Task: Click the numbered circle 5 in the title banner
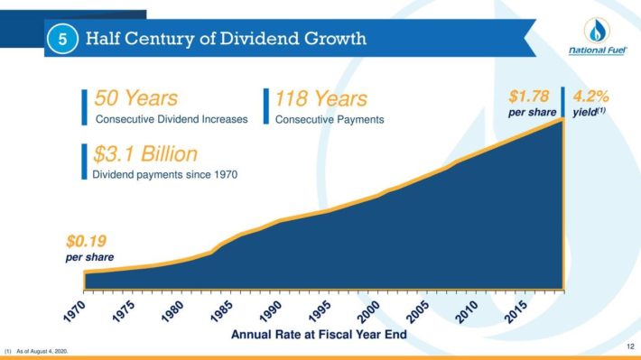point(62,39)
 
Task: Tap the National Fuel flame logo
point(597,30)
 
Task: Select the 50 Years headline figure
point(136,98)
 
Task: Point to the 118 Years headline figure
point(320,98)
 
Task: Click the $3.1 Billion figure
point(145,154)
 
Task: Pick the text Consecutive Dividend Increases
point(172,119)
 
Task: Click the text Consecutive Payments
point(330,120)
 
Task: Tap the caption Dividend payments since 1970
point(164,174)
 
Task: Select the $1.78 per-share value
point(529,97)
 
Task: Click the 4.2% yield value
point(590,97)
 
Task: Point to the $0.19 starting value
point(87,241)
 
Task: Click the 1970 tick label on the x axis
point(75,312)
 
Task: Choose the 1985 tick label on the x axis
point(222,312)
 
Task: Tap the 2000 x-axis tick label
point(368,312)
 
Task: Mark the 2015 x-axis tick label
point(516,312)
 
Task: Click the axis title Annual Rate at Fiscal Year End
point(319,335)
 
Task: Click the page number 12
point(630,346)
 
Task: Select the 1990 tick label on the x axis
point(271,312)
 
